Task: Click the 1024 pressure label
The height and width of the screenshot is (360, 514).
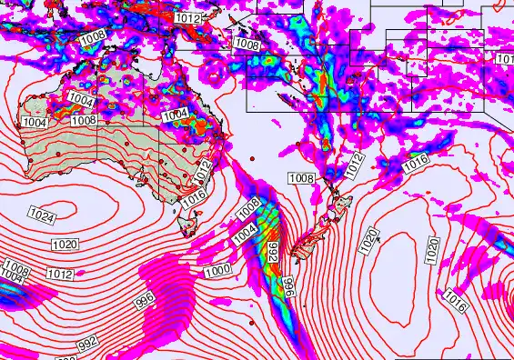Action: (x=41, y=215)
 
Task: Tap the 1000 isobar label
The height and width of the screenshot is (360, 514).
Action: (x=217, y=271)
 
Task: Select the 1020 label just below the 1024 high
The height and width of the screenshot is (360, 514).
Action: (x=65, y=244)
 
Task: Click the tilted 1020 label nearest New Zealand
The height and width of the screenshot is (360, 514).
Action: (x=368, y=241)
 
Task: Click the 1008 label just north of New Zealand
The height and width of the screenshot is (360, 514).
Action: (x=301, y=178)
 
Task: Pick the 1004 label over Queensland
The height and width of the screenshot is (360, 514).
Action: (x=175, y=115)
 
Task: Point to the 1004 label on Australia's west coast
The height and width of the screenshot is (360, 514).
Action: (x=35, y=122)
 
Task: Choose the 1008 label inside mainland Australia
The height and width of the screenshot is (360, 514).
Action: (x=84, y=120)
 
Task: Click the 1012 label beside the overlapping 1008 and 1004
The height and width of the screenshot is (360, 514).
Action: (x=59, y=274)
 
